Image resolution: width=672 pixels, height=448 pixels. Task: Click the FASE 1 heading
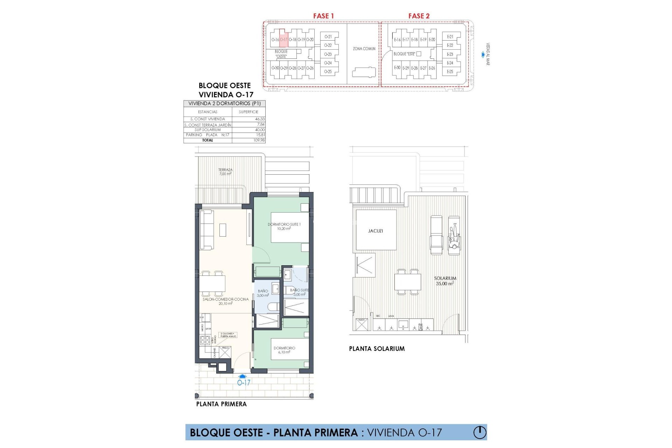tap(323, 16)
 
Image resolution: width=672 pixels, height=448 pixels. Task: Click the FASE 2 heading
tap(419, 16)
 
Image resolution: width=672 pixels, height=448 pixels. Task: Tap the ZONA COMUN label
tap(364, 49)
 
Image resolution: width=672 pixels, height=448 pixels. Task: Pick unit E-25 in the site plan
tap(450, 71)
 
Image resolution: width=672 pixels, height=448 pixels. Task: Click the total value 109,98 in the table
tap(259, 140)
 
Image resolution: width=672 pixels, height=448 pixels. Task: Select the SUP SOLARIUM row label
tap(208, 130)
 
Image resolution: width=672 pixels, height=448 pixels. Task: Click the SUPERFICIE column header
tap(248, 112)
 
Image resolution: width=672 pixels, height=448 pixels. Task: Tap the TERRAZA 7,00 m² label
tap(225, 172)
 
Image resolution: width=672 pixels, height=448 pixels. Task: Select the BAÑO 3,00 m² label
tap(263, 293)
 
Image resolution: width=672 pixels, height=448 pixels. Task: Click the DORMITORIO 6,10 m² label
tap(284, 350)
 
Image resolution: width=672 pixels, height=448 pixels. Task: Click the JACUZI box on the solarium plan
tap(376, 231)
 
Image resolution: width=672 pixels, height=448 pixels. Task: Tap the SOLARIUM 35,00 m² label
tap(445, 281)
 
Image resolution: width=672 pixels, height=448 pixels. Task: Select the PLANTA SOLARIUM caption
tap(377, 349)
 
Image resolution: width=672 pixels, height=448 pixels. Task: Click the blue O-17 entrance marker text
tap(244, 383)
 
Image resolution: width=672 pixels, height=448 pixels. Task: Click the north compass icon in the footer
tap(480, 432)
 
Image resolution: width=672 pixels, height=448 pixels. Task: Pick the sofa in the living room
tap(206, 230)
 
